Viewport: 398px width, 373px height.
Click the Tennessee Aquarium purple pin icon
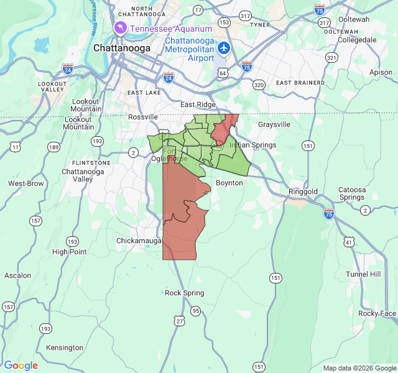(x=120, y=28)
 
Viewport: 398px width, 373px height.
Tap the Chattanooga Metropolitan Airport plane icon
(x=224, y=48)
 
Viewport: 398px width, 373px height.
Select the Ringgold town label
(x=303, y=191)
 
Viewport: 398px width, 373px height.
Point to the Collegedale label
(x=357, y=40)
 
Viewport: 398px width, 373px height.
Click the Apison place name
(x=381, y=72)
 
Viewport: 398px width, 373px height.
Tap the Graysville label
(x=274, y=124)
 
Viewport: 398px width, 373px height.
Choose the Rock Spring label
(x=184, y=293)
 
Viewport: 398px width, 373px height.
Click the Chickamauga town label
(x=139, y=240)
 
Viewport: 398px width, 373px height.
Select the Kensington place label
(x=65, y=348)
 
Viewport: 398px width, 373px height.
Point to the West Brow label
(x=26, y=184)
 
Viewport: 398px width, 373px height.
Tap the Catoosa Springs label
(x=351, y=193)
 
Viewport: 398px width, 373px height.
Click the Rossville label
(x=142, y=117)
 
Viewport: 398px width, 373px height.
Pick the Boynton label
(x=229, y=183)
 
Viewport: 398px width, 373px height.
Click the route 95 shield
(x=196, y=311)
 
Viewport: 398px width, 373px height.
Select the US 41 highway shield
(x=349, y=242)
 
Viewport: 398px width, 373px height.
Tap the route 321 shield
(x=331, y=57)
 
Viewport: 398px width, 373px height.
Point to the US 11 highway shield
(x=14, y=147)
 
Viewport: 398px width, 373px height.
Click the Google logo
(x=21, y=366)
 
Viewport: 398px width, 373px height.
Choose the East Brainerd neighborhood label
(x=300, y=83)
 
